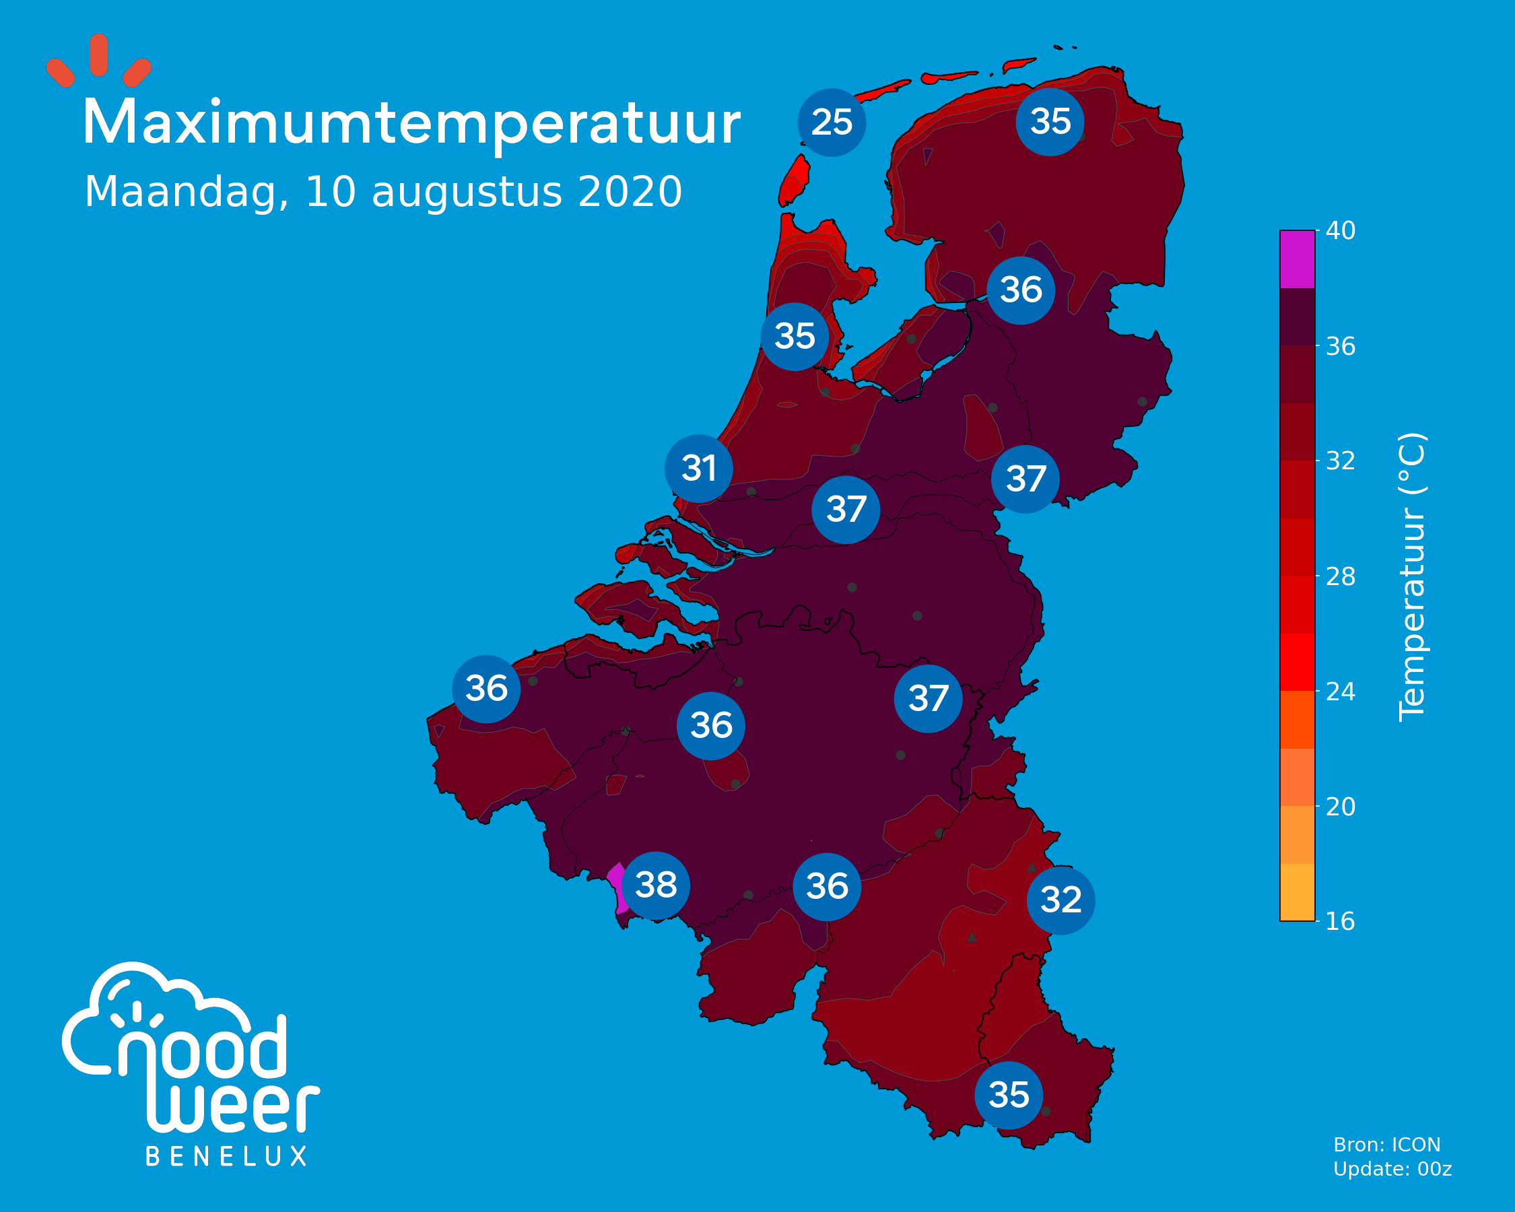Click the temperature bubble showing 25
click(832, 123)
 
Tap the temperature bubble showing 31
click(698, 469)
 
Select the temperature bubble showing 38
click(656, 885)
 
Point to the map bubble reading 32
click(1060, 900)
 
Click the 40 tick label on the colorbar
click(1340, 230)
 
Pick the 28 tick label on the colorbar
click(1340, 577)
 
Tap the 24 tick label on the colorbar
click(1340, 692)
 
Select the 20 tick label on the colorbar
click(1340, 807)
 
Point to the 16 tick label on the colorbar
click(1340, 921)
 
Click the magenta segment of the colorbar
click(1297, 259)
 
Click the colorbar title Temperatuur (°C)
click(1412, 577)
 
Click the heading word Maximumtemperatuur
click(412, 124)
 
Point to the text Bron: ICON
click(1387, 1145)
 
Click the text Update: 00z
click(1392, 1169)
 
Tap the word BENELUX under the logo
click(226, 1157)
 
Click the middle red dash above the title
click(99, 55)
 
